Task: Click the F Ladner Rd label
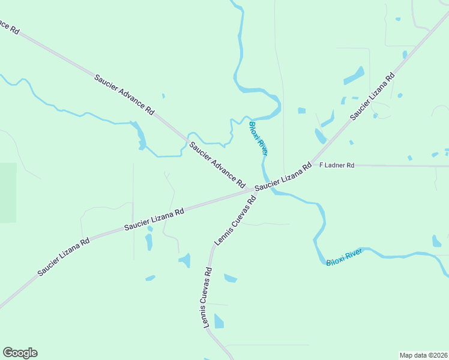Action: click(x=337, y=165)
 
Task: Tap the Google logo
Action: click(x=20, y=353)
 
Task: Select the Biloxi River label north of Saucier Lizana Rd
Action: click(x=258, y=139)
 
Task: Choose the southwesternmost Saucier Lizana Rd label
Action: click(x=64, y=257)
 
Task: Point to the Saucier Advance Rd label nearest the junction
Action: click(x=217, y=164)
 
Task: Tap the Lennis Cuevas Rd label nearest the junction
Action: click(x=235, y=219)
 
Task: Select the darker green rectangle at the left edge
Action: click(x=8, y=192)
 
